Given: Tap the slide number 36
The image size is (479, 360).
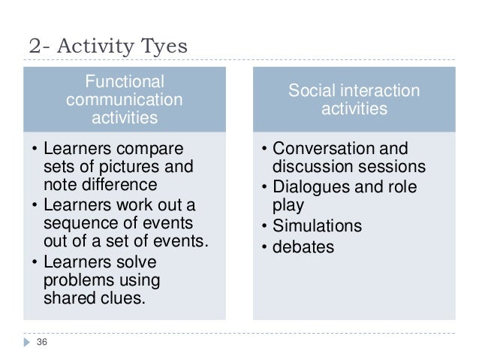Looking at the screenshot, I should point(42,343).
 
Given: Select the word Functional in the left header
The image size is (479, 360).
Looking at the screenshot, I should point(124,81).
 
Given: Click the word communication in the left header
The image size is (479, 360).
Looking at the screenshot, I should point(124,99).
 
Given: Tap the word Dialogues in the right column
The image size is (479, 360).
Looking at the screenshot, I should point(309,186).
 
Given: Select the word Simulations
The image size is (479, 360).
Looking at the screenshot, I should point(317,225).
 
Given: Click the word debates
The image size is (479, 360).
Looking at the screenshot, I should point(303,246).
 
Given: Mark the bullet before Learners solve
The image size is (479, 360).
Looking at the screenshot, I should point(34,262).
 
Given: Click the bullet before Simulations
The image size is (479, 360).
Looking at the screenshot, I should point(265,226).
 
